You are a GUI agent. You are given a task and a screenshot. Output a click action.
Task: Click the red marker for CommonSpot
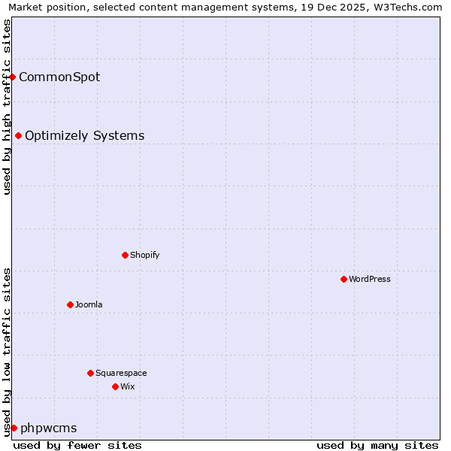[13, 77]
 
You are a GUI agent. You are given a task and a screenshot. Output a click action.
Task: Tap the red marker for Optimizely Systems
[19, 136]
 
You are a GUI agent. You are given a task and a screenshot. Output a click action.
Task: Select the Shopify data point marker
[125, 255]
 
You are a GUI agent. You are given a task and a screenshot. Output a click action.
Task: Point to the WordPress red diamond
[344, 279]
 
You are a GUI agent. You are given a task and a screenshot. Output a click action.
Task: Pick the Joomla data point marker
[70, 304]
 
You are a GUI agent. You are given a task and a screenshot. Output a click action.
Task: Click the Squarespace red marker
[90, 373]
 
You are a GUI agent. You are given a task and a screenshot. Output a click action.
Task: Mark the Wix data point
[115, 386]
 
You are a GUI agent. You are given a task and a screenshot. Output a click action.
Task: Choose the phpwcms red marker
[14, 428]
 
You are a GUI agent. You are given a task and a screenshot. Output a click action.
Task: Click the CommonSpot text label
[59, 77]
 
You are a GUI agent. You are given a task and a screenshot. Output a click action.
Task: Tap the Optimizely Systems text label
[84, 136]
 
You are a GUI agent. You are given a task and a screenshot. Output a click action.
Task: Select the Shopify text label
[144, 255]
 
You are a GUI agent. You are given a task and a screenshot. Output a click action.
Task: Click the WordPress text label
[369, 279]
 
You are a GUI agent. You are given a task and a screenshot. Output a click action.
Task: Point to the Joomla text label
[89, 304]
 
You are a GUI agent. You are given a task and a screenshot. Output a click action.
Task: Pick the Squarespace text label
[121, 373]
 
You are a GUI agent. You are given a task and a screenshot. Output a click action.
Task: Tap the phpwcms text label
[48, 428]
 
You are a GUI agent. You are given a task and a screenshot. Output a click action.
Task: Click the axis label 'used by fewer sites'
[77, 445]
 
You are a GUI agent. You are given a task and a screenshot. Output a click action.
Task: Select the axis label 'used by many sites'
[377, 445]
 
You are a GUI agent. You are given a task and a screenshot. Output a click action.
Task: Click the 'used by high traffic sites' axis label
[7, 107]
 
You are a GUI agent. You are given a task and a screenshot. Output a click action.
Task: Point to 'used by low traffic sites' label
[7, 352]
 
